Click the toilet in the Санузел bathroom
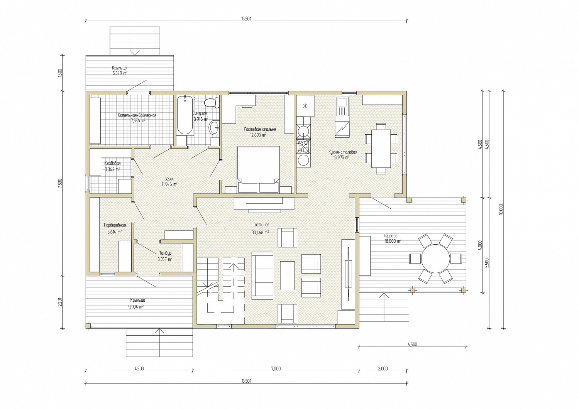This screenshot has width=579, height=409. click(x=212, y=103)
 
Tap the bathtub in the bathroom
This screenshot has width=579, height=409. click(x=185, y=115)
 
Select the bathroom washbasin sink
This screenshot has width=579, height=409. click(x=214, y=127)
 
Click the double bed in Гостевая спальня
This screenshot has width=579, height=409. click(x=258, y=169)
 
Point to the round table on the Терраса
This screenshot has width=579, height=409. click(x=435, y=259)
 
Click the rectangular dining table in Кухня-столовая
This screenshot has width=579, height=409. click(x=381, y=149)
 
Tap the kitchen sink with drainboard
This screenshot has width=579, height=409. click(x=342, y=106)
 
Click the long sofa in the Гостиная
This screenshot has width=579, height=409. click(x=262, y=275)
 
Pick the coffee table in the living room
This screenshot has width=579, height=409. click(x=288, y=275)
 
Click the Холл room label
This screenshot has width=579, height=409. click(x=169, y=179)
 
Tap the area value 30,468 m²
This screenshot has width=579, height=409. click(x=260, y=232)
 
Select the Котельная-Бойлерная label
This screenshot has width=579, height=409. click(x=137, y=115)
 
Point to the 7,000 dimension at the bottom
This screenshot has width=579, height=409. click(x=276, y=369)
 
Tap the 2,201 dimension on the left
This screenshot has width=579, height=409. click(x=60, y=302)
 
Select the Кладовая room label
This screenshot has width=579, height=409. click(x=112, y=163)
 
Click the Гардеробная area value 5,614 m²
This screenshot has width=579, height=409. click(x=115, y=232)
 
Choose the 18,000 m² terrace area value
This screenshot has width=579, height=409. click(x=393, y=241)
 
